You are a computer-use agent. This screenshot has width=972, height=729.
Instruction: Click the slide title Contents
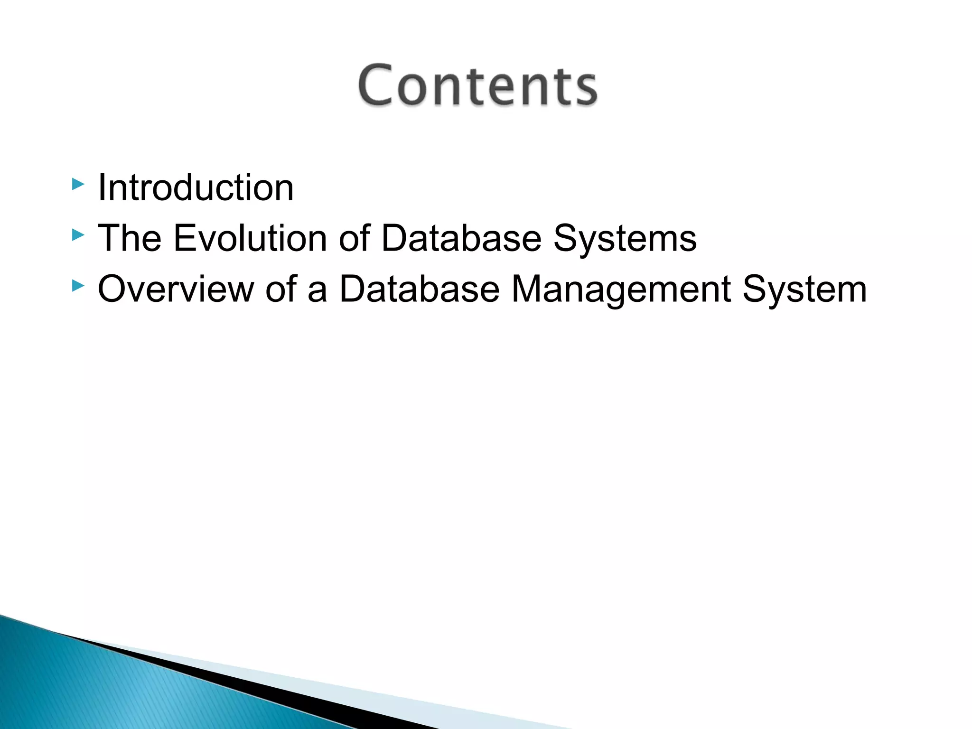pyautogui.click(x=477, y=85)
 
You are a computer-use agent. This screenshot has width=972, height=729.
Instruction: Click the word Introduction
pyautogui.click(x=196, y=187)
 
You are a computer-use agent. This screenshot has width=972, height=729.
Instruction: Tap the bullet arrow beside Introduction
pyautogui.click(x=78, y=184)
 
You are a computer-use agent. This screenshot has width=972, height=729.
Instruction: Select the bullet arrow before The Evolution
pyautogui.click(x=78, y=235)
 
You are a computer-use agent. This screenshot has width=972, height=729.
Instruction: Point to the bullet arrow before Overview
pyautogui.click(x=78, y=286)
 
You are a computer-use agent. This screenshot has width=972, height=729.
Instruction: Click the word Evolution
pyautogui.click(x=250, y=238)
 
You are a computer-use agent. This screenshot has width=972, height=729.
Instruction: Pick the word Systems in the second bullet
pyautogui.click(x=625, y=239)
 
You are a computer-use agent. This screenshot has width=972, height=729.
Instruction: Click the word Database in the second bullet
pyautogui.click(x=461, y=238)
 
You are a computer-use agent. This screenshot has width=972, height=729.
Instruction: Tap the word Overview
pyautogui.click(x=176, y=289)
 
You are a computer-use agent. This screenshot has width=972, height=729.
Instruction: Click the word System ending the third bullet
pyautogui.click(x=804, y=290)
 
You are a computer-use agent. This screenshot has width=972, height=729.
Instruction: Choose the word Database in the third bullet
pyautogui.click(x=420, y=289)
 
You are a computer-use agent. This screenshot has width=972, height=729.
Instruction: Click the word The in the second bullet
pyautogui.click(x=129, y=238)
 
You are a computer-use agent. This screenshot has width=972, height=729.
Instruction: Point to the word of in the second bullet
pyautogui.click(x=354, y=238)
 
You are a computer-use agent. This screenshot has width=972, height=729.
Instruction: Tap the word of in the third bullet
pyautogui.click(x=281, y=289)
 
